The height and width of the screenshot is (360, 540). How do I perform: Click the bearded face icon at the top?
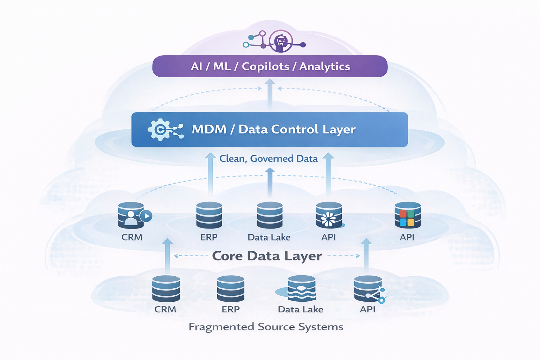(281, 41)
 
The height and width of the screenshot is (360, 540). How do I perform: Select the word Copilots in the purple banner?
(265, 66)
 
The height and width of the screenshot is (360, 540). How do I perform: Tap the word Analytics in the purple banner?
(324, 66)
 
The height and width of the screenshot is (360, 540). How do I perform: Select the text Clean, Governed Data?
(268, 159)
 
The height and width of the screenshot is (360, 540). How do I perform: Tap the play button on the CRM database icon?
(146, 216)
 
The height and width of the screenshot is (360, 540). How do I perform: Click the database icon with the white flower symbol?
(329, 215)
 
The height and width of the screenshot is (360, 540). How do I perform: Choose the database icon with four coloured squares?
(407, 215)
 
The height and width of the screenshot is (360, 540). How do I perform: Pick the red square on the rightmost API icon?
(403, 214)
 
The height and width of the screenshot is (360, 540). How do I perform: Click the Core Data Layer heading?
(267, 256)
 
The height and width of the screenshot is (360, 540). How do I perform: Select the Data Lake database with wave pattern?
(301, 289)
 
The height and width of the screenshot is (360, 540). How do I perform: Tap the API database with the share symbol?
(368, 289)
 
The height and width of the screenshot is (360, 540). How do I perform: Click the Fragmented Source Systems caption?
(266, 327)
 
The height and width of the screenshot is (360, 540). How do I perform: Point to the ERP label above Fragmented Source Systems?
(231, 309)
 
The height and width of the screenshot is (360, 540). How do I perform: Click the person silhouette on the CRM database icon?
(131, 218)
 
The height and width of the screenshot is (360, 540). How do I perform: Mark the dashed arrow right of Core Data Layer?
(343, 256)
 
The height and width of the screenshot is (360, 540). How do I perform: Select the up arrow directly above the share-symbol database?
(366, 255)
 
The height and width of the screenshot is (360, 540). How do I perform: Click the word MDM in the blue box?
(209, 129)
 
